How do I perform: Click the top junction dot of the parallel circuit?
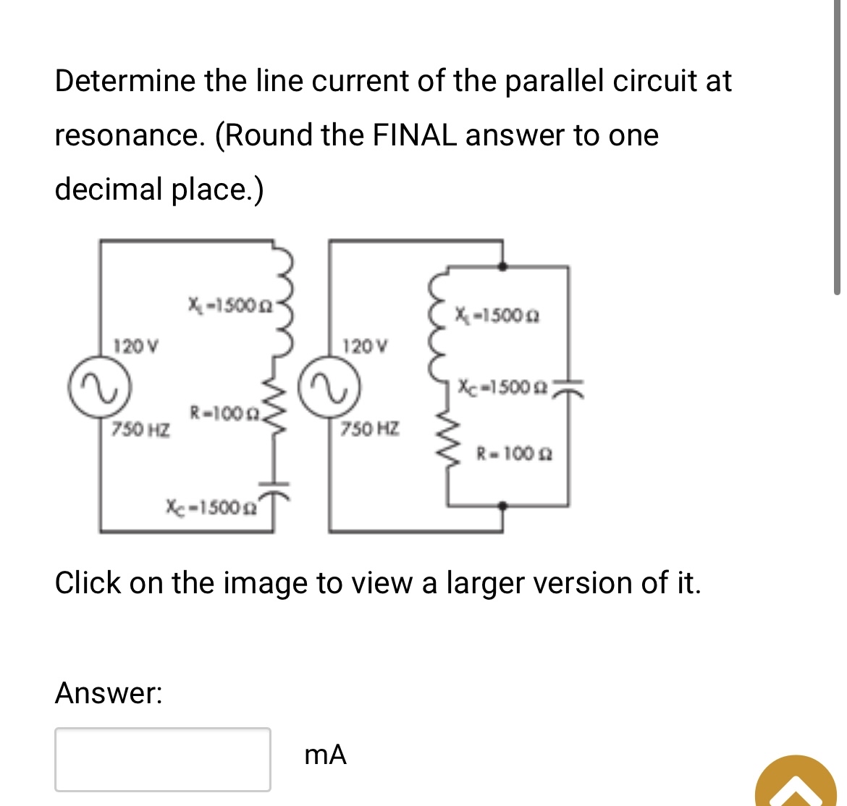[x=503, y=266]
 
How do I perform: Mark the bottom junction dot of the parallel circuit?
[x=503, y=506]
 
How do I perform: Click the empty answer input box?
[x=163, y=759]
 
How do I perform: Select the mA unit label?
[x=326, y=755]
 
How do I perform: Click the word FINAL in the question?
[x=414, y=135]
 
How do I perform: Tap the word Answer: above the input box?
[x=109, y=693]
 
